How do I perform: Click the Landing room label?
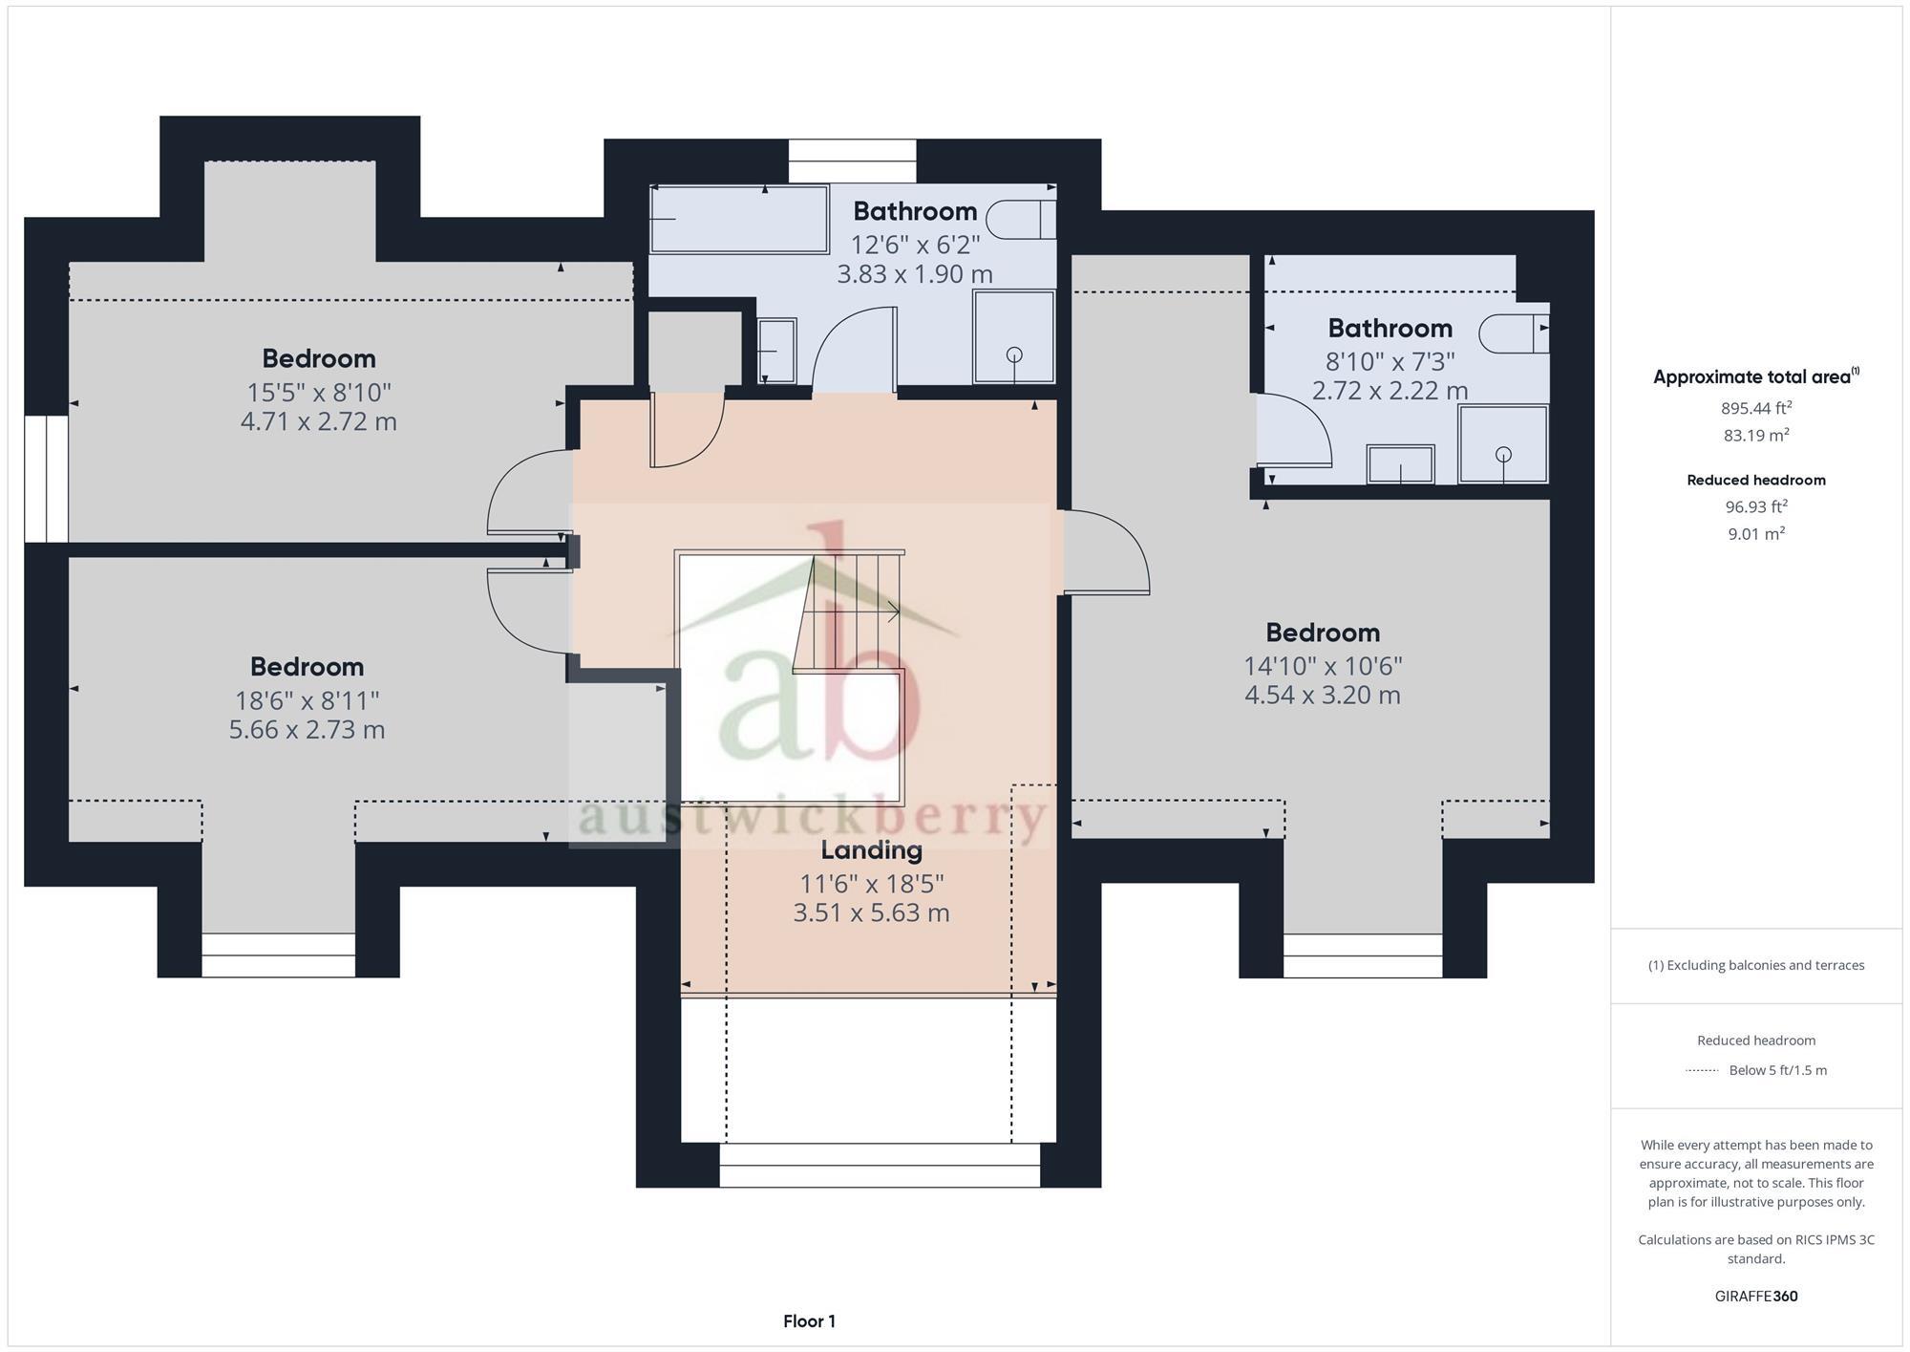(x=871, y=849)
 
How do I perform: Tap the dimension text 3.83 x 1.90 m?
(x=914, y=274)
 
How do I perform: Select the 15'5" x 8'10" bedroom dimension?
(x=318, y=392)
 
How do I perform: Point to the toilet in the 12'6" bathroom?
(x=1020, y=219)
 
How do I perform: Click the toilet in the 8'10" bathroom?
(x=1514, y=333)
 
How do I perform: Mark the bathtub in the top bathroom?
(x=738, y=219)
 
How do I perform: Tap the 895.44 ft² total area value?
(x=1755, y=408)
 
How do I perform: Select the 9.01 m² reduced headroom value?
(x=1755, y=533)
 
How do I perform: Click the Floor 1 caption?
(x=809, y=1321)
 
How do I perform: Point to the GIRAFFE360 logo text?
(x=1755, y=1297)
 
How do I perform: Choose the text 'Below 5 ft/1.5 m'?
(x=1777, y=1070)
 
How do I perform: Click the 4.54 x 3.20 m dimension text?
(x=1322, y=695)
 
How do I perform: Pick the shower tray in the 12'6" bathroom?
(x=1013, y=337)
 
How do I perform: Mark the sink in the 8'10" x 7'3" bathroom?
(x=1400, y=464)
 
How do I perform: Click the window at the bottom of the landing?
(x=879, y=1165)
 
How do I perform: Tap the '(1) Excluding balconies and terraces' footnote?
(x=1755, y=965)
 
